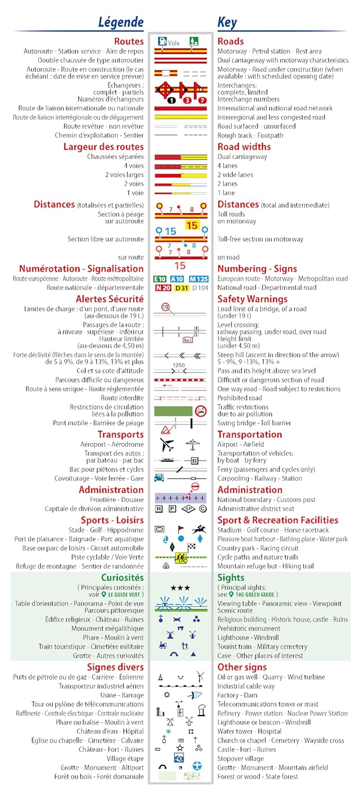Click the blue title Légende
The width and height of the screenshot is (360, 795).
121,22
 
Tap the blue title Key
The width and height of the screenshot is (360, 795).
227,22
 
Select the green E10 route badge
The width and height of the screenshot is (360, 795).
160,279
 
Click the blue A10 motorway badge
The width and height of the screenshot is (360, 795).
177,279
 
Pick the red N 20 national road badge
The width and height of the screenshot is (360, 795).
163,288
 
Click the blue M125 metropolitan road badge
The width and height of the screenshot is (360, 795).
198,279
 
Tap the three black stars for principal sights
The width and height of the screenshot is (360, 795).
180,588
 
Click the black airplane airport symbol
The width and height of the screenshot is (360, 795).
166,444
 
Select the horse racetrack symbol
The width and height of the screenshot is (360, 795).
199,529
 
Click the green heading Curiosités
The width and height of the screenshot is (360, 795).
122,578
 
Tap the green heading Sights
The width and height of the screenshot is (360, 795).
231,578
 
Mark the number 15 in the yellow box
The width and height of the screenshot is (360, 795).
191,225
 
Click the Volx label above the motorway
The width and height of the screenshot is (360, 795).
174,42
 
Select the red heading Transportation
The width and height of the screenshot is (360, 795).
250,435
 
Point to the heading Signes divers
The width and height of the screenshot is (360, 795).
115,667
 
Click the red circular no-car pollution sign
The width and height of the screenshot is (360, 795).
200,410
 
